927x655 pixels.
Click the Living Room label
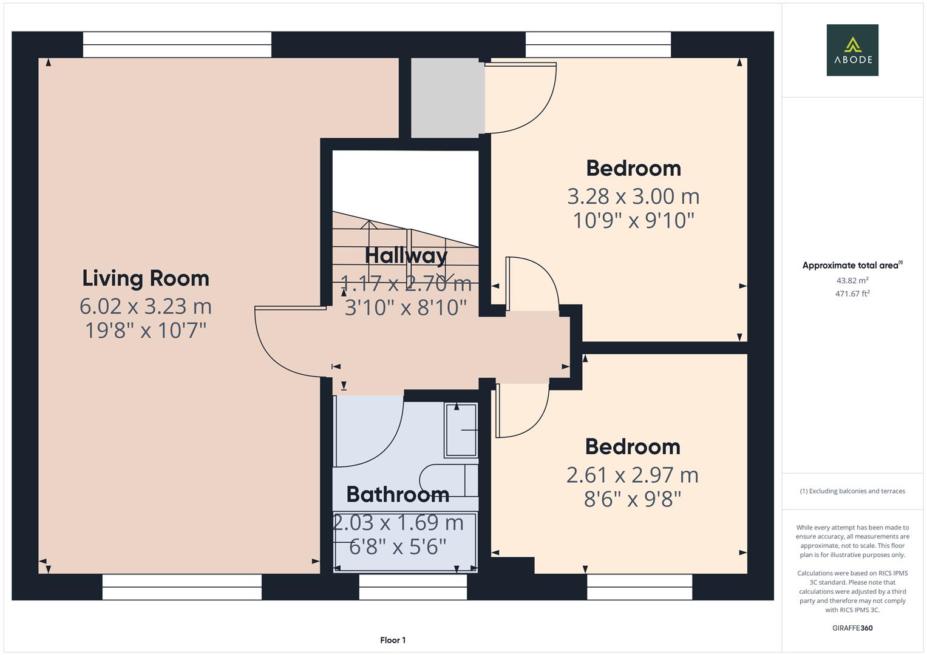[146, 278]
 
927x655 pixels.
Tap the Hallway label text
[406, 255]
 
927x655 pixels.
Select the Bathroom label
[398, 494]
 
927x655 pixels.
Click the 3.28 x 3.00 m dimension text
[633, 196]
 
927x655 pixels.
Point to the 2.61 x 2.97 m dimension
[633, 475]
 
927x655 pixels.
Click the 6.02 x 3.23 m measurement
[146, 306]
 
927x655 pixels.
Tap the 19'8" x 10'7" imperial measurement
[146, 331]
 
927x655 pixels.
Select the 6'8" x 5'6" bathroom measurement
[398, 546]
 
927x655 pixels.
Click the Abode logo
[852, 50]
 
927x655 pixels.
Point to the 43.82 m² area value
[852, 280]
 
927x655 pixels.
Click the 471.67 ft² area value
[852, 294]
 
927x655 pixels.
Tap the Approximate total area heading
[852, 265]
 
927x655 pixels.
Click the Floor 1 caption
[393, 640]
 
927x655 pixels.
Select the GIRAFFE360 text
[852, 628]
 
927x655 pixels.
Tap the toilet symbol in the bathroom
[449, 480]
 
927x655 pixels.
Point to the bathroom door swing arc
[389, 445]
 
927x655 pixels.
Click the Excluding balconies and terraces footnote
[852, 491]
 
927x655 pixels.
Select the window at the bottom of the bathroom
[413, 587]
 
